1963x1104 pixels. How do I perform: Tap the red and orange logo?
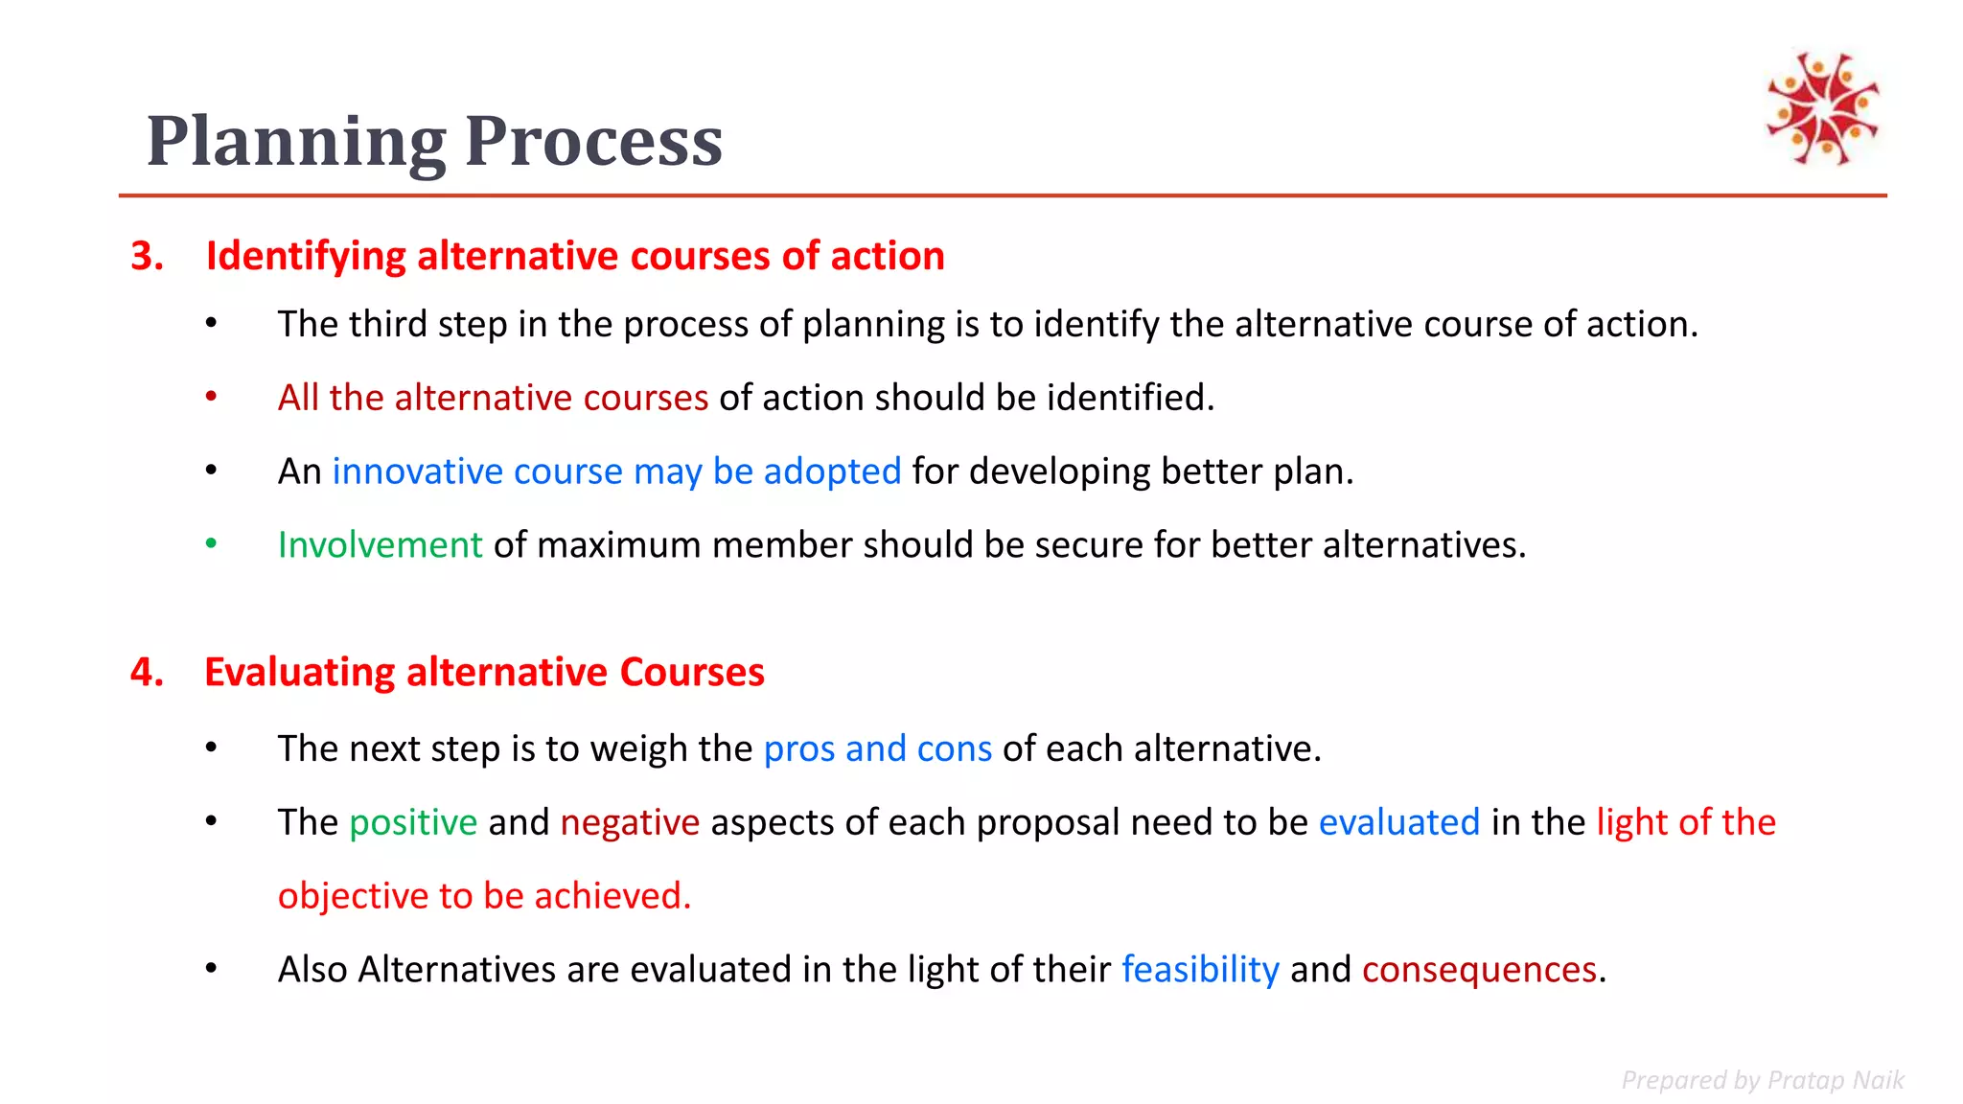1822,107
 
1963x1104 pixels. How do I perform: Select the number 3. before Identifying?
148,256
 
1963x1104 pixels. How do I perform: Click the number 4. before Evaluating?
148,672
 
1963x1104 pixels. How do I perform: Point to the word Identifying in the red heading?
306,256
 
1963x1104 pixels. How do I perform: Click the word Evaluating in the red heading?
299,672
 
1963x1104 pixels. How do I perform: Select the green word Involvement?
380,544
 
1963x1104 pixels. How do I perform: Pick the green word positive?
413,822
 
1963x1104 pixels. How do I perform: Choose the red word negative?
630,822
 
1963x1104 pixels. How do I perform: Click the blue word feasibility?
1200,970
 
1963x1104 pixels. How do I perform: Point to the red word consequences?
1479,970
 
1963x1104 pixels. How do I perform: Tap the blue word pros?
799,749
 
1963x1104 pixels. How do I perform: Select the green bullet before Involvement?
211,544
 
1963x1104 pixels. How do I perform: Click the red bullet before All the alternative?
211,397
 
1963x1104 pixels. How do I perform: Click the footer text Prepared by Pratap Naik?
1762,1080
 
